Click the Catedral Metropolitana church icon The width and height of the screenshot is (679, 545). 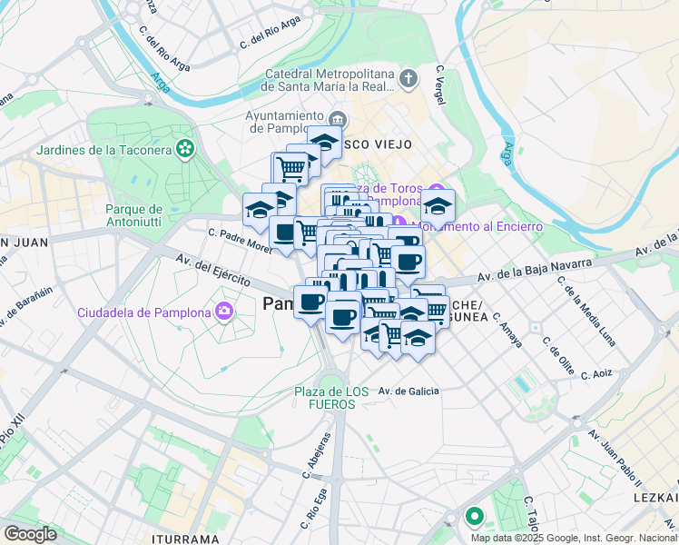408,79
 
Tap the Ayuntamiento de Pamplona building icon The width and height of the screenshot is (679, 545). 338,120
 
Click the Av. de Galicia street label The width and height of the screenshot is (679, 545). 408,391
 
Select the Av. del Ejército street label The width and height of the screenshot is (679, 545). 213,272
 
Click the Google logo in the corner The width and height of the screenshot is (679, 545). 30,534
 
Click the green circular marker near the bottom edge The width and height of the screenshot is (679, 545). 474,519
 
